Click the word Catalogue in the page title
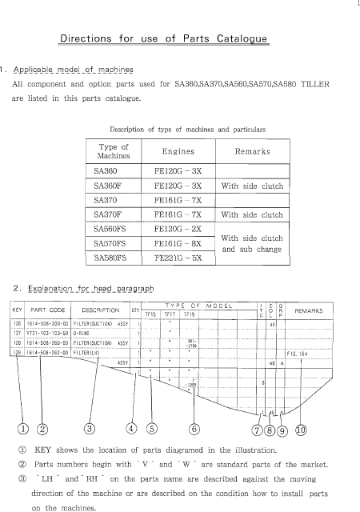point(267,38)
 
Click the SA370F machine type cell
point(110,214)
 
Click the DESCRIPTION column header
point(100,310)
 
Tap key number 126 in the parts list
point(16,324)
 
